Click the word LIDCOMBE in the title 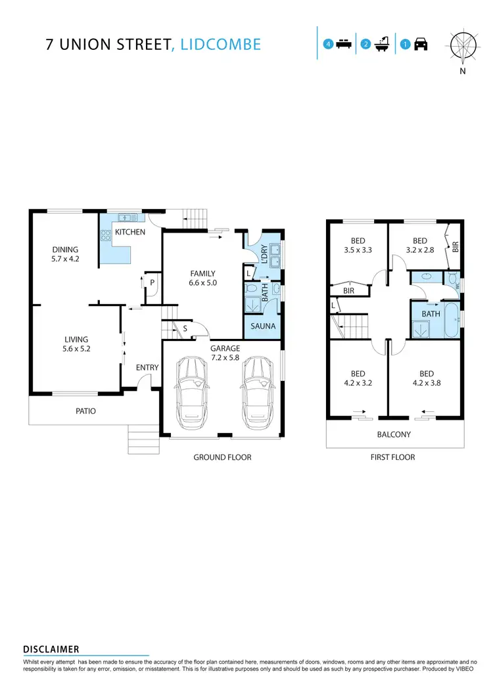point(219,45)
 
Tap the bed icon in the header point(342,45)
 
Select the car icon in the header point(421,45)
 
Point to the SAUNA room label point(263,326)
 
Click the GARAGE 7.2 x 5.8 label point(225,353)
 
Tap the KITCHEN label point(130,232)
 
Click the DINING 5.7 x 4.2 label point(66,254)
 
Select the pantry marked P point(152,282)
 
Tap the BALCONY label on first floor point(394,434)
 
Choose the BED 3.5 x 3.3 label point(358,246)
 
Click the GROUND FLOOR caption point(222,457)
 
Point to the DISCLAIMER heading point(51,649)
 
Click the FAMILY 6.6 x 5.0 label point(202,279)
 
